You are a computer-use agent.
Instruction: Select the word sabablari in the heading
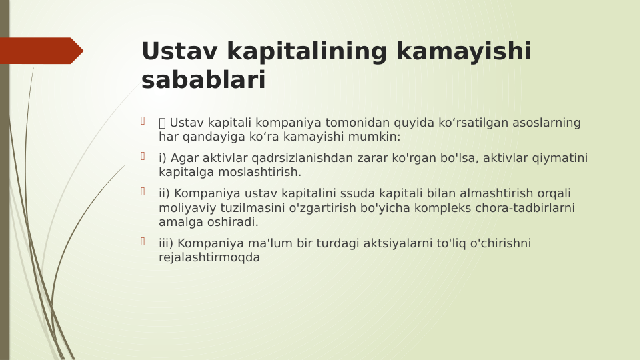[x=203, y=81]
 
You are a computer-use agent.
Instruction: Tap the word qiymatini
[x=560, y=158]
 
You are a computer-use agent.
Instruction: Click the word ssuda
[x=339, y=193]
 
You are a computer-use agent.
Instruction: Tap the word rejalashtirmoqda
[x=209, y=257]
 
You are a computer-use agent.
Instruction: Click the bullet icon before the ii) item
[x=143, y=192]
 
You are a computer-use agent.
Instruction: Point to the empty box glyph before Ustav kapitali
[x=163, y=123]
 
